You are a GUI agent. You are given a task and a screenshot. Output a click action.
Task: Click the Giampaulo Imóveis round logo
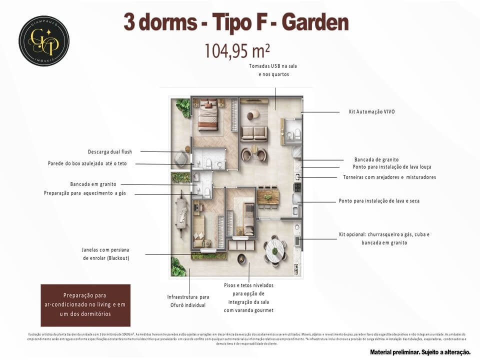[x=44, y=40]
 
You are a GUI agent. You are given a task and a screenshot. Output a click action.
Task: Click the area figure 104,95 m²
[x=237, y=50]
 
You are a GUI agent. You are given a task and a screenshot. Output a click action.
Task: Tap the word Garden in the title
[x=315, y=22]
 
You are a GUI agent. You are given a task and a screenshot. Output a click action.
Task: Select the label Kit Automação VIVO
[x=371, y=111]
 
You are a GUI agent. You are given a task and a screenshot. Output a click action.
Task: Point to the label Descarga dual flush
[x=113, y=151]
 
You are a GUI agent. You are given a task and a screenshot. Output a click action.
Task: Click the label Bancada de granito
[x=376, y=159]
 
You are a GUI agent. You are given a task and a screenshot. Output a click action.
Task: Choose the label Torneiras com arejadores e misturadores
[x=389, y=177]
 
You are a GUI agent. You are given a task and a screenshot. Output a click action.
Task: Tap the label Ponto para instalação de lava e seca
[x=379, y=201]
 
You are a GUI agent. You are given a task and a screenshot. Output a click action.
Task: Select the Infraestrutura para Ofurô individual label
[x=188, y=300]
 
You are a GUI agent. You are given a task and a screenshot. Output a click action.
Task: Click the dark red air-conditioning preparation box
[x=85, y=305]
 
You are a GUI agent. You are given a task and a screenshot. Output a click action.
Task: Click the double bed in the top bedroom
[x=207, y=117]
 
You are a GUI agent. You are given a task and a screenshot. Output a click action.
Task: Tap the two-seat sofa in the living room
[x=254, y=133]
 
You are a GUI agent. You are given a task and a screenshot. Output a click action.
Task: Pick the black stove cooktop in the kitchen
[x=297, y=188]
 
